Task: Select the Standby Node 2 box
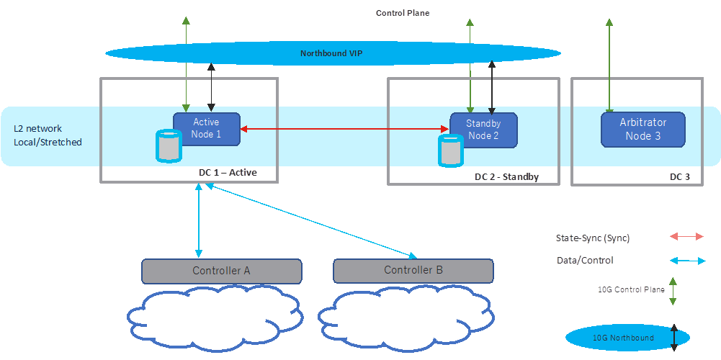[x=483, y=130]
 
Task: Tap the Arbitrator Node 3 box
[x=642, y=130]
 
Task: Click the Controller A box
[x=221, y=271]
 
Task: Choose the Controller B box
[x=413, y=271]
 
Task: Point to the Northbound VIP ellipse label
[x=333, y=53]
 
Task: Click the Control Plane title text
[x=403, y=13]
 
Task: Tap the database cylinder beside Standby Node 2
[x=450, y=150]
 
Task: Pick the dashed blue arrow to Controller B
[x=310, y=220]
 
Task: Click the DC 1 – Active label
[x=228, y=173]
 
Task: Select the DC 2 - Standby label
[x=506, y=177]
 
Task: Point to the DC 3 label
[x=680, y=177]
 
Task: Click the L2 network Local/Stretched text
[x=48, y=135]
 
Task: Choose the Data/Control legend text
[x=585, y=261]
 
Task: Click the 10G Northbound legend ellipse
[x=624, y=338]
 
